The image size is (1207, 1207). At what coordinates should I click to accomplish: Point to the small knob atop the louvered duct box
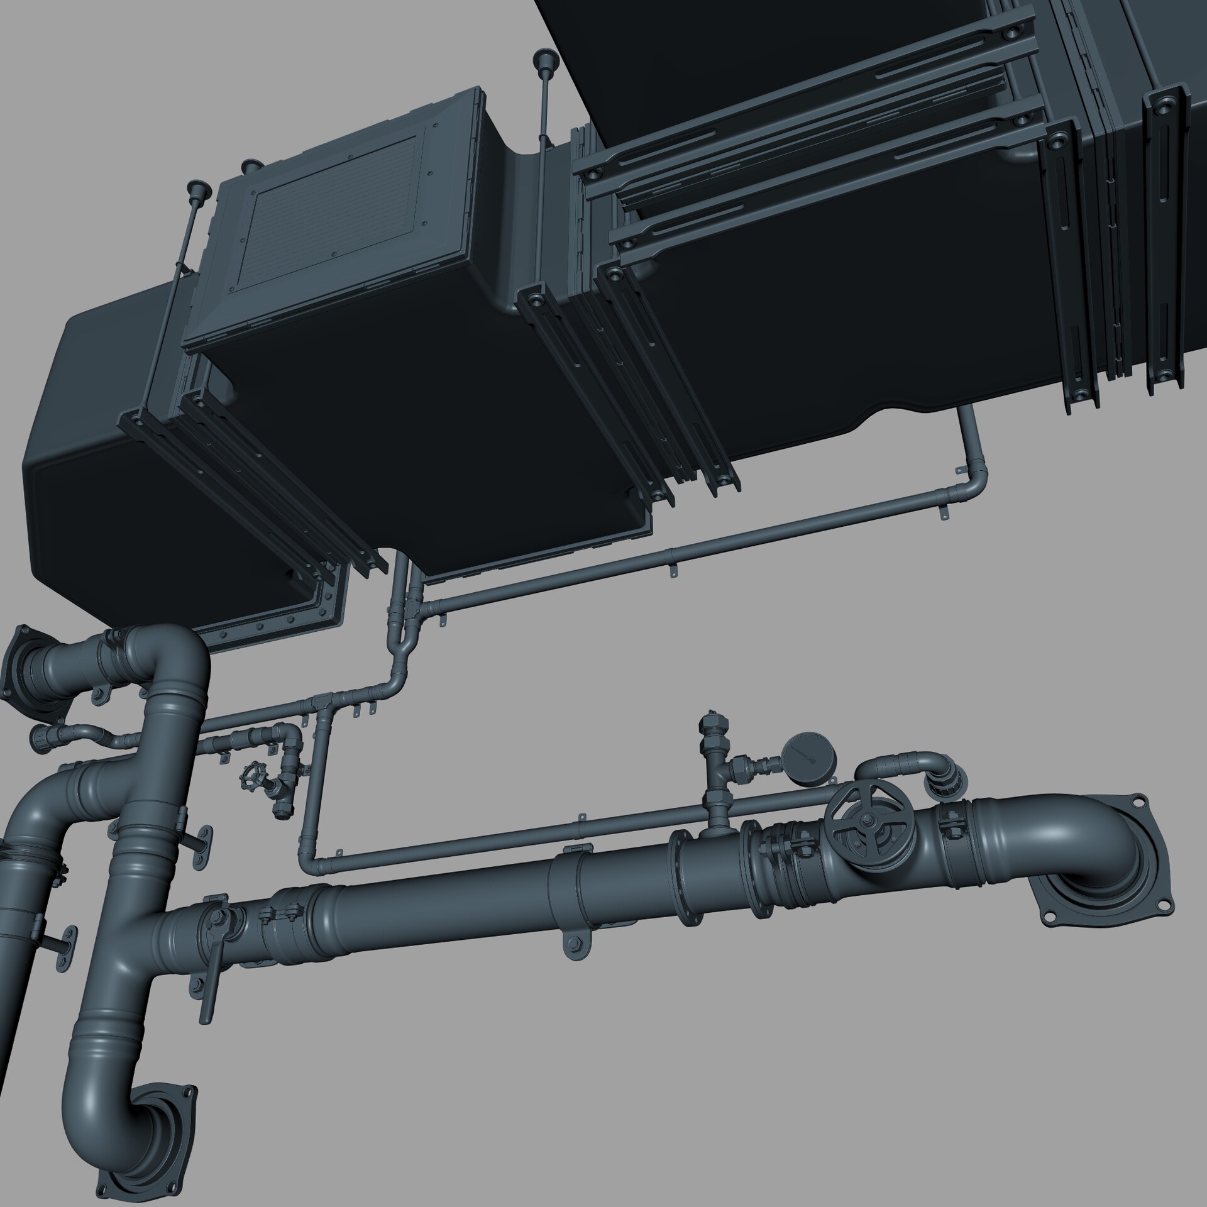[x=251, y=165]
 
